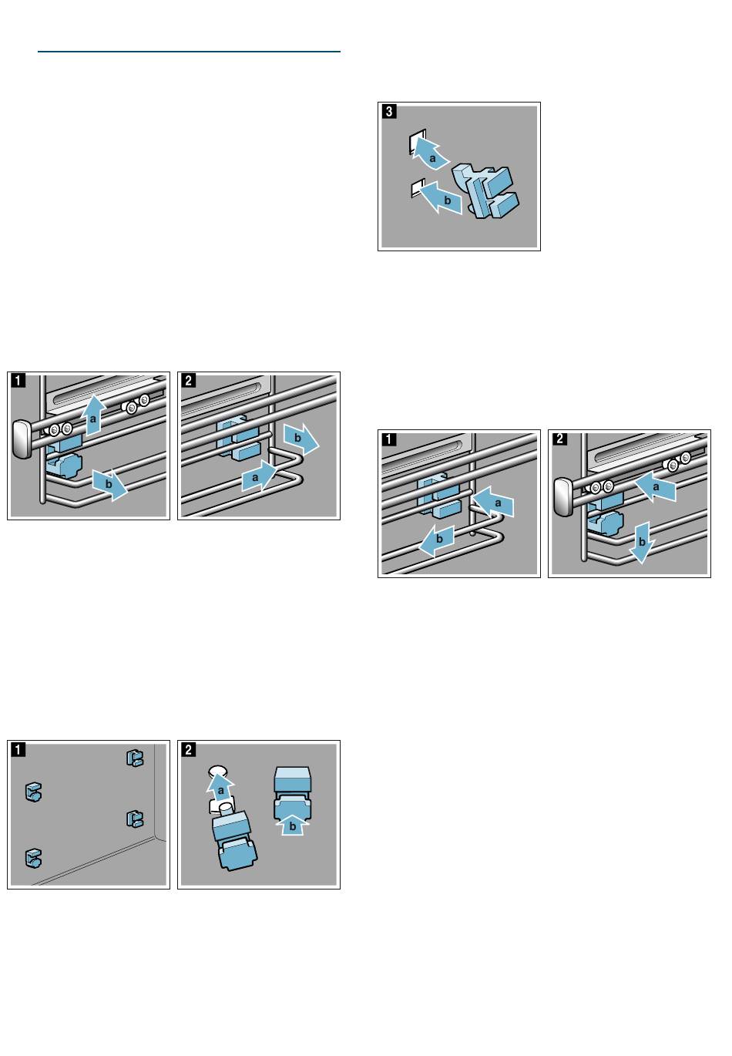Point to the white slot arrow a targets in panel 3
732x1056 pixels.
point(416,143)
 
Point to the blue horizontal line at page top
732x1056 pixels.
point(189,52)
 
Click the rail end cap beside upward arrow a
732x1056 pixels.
point(21,439)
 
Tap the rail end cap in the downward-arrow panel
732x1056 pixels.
point(561,496)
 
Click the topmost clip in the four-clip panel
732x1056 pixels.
point(134,758)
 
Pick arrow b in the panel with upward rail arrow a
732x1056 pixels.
point(109,485)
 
